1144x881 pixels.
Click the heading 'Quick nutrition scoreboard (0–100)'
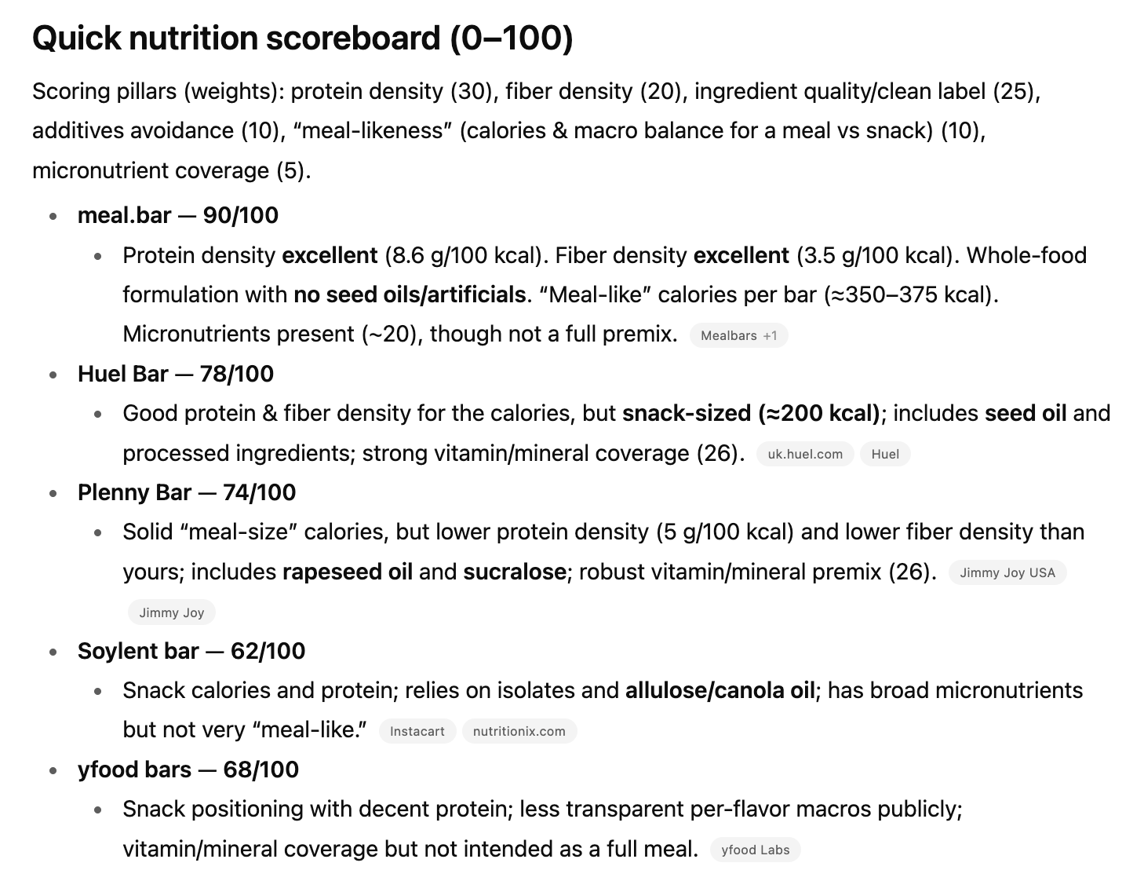302,38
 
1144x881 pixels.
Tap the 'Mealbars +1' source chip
738,335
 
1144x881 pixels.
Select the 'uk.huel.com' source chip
804,454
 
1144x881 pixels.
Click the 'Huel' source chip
884,454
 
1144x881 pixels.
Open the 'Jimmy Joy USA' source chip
1007,572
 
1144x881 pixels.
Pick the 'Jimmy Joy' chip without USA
171,612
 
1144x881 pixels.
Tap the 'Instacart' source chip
417,731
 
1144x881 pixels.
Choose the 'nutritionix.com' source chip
519,731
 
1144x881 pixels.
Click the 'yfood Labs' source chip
755,850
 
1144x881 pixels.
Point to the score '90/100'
240,215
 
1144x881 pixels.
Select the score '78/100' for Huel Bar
236,374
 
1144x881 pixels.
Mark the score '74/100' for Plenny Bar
259,492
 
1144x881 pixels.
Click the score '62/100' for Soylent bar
268,651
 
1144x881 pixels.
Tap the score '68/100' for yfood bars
260,770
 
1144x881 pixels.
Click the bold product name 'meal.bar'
124,215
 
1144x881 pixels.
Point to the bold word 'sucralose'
514,572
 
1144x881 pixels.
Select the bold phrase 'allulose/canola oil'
720,690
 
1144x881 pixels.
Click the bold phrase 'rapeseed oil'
347,572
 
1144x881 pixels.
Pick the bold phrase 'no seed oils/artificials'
409,294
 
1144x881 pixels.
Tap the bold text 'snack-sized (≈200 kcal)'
751,413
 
